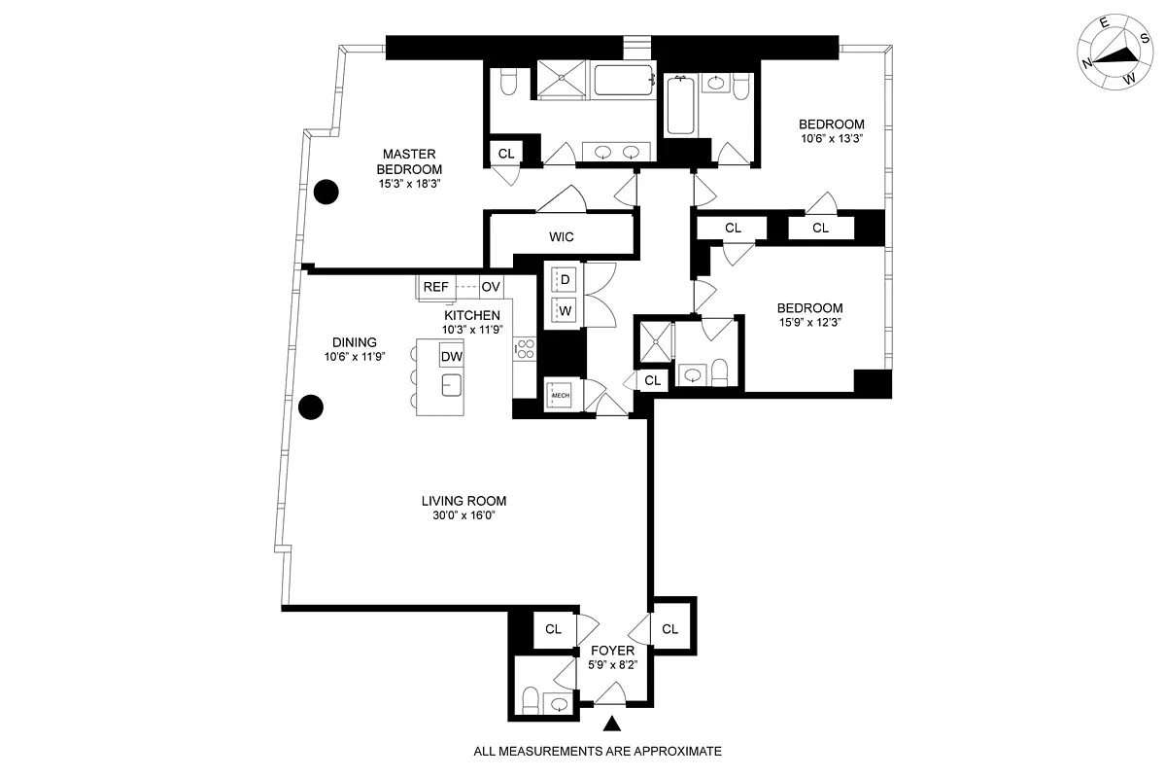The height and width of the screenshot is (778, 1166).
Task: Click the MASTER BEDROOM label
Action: pos(408,161)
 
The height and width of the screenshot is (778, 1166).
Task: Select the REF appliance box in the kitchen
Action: pos(435,287)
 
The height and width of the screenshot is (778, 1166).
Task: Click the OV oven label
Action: pos(491,287)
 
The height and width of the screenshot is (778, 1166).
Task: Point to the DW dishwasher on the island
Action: pos(451,357)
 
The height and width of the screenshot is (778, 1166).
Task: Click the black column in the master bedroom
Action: pos(326,192)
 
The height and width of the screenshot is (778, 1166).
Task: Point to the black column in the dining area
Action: pos(311,407)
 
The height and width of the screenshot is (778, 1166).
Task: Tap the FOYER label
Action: pos(612,651)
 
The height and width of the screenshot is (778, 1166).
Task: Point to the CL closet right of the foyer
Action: pos(669,629)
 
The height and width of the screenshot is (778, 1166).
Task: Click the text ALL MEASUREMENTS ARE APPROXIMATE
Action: pos(598,751)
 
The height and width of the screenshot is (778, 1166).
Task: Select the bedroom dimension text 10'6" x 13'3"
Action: pos(831,139)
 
